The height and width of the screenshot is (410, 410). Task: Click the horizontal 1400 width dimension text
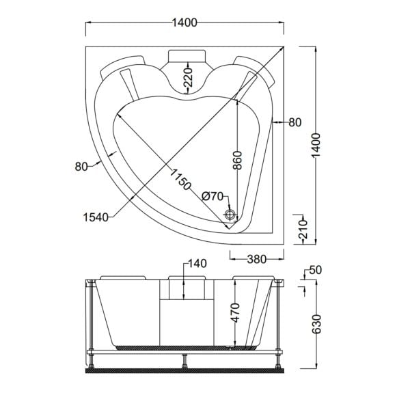tap(184, 23)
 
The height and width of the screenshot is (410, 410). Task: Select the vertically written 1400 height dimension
tap(314, 146)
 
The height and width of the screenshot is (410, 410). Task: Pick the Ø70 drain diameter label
tap(213, 196)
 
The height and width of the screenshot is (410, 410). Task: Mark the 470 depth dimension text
tap(236, 314)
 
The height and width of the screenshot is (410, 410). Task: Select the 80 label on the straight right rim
tap(295, 123)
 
